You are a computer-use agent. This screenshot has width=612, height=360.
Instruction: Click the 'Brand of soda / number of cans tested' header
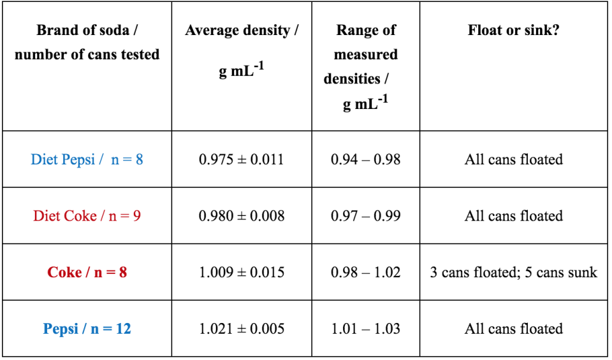coord(87,42)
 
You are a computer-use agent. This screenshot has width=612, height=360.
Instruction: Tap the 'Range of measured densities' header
coord(365,66)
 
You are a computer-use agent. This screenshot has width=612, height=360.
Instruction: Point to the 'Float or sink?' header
coord(513,30)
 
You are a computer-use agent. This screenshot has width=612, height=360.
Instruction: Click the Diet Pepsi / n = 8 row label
coord(87,159)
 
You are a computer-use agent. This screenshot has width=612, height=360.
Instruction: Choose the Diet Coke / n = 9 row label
coord(87,216)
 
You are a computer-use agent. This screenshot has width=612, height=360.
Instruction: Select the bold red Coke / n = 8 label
coord(87,272)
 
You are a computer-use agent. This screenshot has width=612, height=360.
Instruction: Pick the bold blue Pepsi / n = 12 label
coord(87,329)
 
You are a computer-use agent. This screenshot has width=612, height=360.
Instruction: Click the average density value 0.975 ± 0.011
coord(242,159)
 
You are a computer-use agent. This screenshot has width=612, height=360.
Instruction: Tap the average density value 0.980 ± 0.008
coord(242,216)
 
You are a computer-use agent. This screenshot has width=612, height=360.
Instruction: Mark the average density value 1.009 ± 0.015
coord(242,272)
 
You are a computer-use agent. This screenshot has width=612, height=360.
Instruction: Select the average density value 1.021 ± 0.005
coord(242,329)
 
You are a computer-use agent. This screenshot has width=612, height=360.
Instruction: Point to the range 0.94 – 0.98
coord(365,159)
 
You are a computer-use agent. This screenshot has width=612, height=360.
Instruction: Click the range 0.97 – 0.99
coord(365,216)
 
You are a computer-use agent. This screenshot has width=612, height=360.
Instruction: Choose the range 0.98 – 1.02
coord(365,272)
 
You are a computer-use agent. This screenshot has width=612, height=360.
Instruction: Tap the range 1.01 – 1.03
coord(365,329)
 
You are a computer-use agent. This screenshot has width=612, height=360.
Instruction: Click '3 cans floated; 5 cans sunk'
coord(513,272)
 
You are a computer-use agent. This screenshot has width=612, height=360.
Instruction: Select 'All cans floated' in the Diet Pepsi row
coord(513,159)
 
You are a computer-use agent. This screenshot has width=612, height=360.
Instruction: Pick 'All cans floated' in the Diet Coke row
coord(513,216)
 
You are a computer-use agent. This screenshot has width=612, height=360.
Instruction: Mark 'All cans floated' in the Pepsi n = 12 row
coord(513,329)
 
